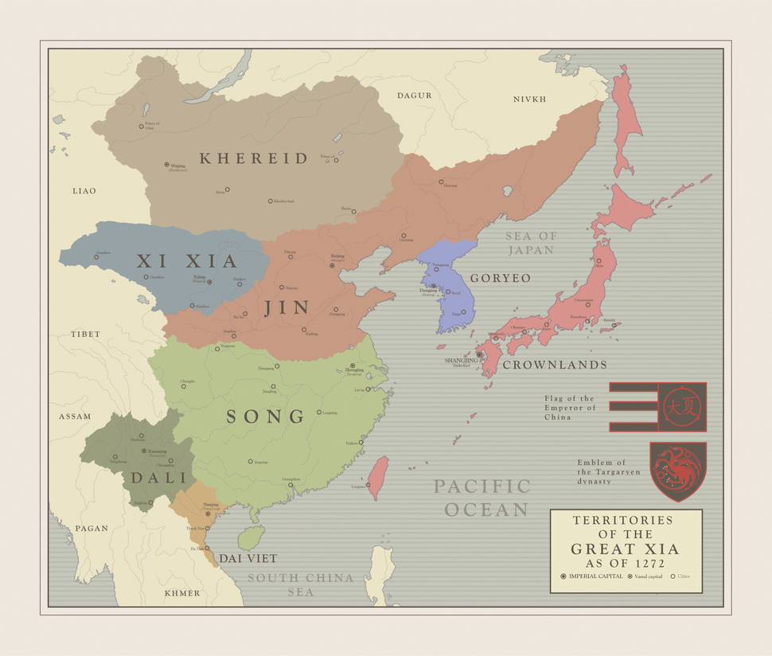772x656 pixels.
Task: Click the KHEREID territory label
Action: (253, 158)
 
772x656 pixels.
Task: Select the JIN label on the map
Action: (287, 308)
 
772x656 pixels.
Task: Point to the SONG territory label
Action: (266, 416)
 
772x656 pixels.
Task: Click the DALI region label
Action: (158, 478)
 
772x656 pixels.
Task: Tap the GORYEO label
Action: (500, 279)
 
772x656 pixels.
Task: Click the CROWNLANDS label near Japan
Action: (554, 365)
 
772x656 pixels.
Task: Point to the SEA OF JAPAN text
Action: (532, 243)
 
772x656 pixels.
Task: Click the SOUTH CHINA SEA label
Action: (300, 585)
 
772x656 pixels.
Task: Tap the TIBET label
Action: (85, 334)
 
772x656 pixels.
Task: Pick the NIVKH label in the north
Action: (529, 100)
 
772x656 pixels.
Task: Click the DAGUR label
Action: (414, 96)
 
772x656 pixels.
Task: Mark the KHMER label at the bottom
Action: (182, 593)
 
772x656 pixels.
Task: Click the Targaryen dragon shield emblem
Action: (677, 471)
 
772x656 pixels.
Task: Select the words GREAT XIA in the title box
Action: (625, 549)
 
